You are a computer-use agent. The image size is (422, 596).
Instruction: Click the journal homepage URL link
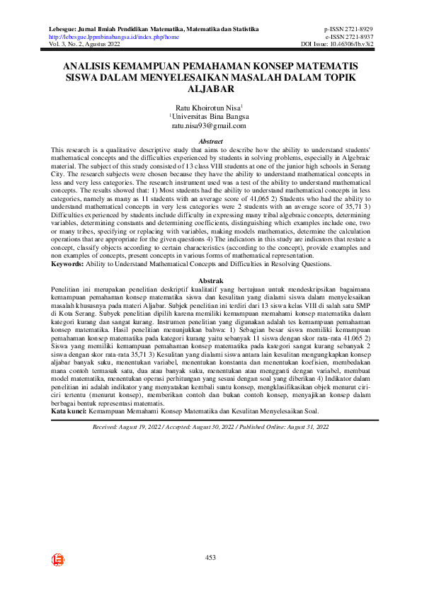(x=113, y=36)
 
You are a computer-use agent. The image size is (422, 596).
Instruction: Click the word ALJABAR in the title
(x=210, y=90)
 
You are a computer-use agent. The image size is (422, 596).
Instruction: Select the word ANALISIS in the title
(x=90, y=65)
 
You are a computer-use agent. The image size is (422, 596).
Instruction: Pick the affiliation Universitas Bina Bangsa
(x=210, y=115)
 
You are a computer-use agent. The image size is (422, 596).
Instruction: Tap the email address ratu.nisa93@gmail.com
(x=210, y=125)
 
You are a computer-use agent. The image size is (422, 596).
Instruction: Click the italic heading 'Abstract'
(x=210, y=142)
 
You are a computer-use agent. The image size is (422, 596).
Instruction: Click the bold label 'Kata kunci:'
(x=71, y=411)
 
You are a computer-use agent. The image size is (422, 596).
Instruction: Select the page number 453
(x=210, y=558)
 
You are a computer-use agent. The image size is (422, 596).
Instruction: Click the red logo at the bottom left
(x=58, y=560)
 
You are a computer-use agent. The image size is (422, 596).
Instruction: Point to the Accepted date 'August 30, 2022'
(x=218, y=427)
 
